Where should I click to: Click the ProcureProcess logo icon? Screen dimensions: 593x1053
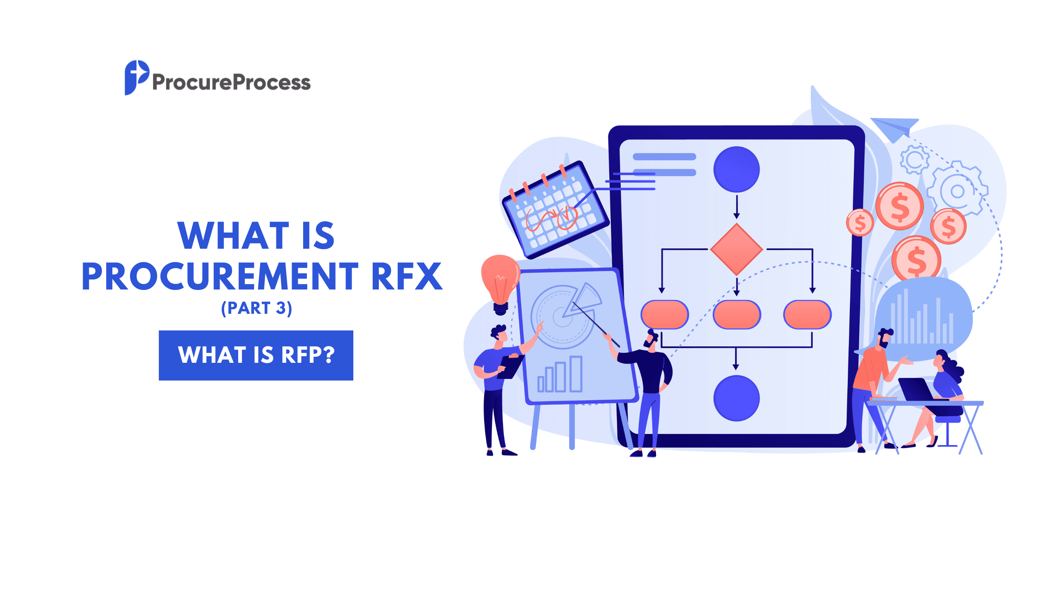[136, 77]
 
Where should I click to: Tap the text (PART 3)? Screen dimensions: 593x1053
[256, 308]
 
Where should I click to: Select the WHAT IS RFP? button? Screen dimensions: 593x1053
[256, 355]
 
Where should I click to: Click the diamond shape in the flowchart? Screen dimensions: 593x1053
[736, 249]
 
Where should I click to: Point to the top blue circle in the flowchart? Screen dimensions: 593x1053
[736, 169]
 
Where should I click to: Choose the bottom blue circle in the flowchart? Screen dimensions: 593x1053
[736, 398]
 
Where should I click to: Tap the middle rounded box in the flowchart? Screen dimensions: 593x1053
[736, 315]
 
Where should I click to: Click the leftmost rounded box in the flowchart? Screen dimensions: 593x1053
[664, 315]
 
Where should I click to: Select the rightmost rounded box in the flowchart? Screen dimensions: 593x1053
[807, 315]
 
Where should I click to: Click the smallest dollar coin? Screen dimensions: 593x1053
[860, 223]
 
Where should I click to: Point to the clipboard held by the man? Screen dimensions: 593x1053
[510, 367]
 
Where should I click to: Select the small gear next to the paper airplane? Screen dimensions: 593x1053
[914, 159]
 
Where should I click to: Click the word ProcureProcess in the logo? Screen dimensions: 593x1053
[231, 82]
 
